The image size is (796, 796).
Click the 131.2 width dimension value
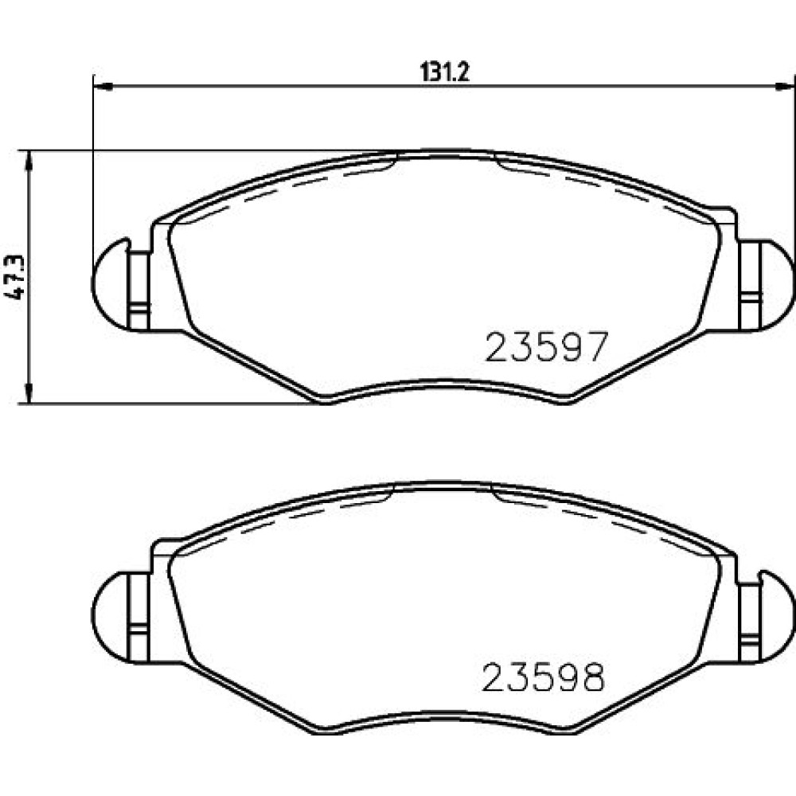pyautogui.click(x=445, y=72)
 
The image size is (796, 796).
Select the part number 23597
pyautogui.click(x=546, y=347)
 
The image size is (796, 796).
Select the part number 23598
pyautogui.click(x=543, y=677)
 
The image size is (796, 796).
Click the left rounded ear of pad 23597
pyautogui.click(x=110, y=284)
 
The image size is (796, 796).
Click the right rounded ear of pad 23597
pyautogui.click(x=777, y=285)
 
